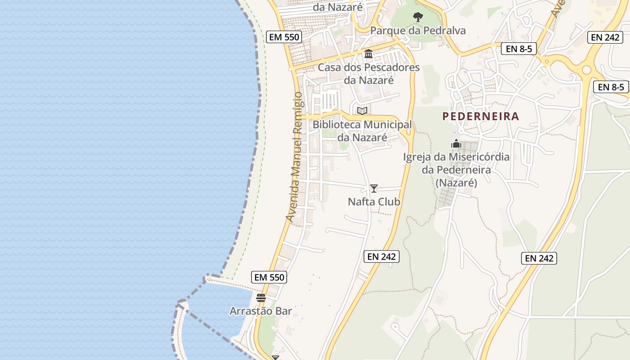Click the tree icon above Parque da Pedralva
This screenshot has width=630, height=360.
(418, 17)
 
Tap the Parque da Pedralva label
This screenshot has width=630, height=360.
(418, 31)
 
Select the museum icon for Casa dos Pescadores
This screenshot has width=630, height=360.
(369, 54)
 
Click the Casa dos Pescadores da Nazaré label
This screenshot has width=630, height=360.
(369, 74)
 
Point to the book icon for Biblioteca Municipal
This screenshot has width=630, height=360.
(362, 111)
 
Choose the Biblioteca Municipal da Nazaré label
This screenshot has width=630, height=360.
(362, 131)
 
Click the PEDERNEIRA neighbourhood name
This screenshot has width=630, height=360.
(481, 117)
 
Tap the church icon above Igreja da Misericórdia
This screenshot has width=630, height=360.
(456, 144)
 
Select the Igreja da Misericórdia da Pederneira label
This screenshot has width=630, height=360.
(456, 170)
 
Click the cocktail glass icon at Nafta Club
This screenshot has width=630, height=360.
(373, 189)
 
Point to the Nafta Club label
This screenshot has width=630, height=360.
(374, 202)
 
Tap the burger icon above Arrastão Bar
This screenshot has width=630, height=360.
(261, 297)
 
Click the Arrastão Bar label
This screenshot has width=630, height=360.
(261, 311)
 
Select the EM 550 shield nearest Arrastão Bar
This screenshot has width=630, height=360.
(270, 277)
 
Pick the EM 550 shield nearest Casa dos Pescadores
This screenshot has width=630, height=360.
(283, 37)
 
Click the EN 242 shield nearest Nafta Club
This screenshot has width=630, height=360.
(381, 256)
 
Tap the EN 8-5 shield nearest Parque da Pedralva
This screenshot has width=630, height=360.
(519, 49)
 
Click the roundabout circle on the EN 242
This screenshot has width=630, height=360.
(586, 70)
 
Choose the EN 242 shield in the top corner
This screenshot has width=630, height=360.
(605, 37)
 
